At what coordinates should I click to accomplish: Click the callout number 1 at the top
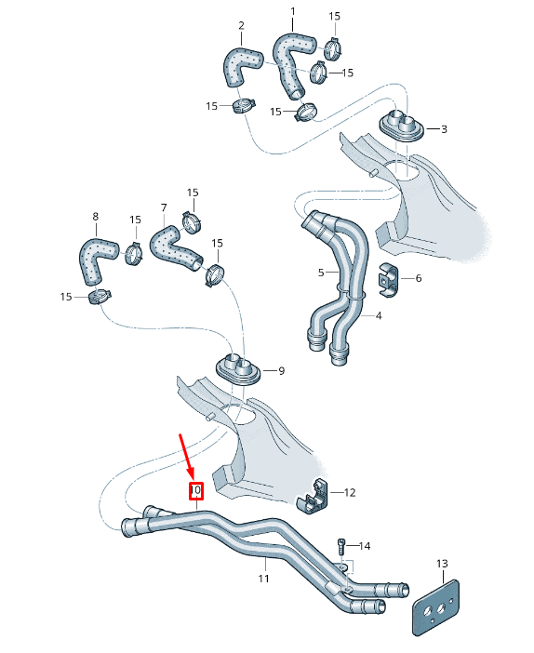[x=292, y=12]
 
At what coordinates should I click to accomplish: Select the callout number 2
[x=241, y=25]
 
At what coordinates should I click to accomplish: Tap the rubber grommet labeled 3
[x=401, y=126]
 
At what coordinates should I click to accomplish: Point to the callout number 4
[x=379, y=315]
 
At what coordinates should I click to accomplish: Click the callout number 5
[x=321, y=273]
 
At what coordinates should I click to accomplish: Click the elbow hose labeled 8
[x=96, y=258]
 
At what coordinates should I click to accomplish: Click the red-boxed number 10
[x=196, y=490]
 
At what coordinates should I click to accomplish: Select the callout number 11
[x=263, y=578]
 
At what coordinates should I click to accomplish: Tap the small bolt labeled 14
[x=341, y=545]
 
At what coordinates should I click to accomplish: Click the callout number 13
[x=442, y=564]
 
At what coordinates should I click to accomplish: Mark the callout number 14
[x=365, y=545]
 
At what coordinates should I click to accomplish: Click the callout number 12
[x=350, y=492]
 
